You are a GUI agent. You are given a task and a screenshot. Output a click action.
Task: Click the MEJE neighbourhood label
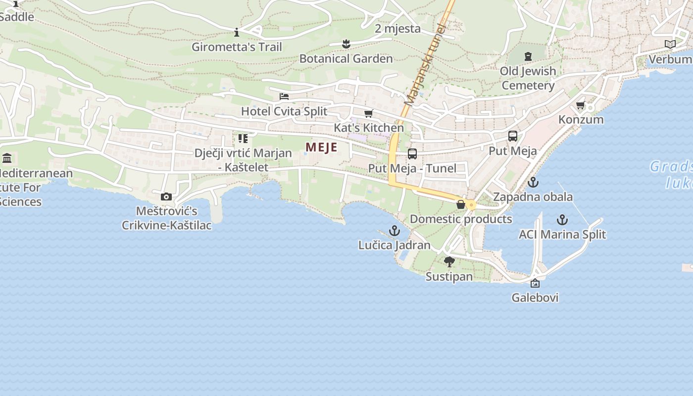tap(321, 147)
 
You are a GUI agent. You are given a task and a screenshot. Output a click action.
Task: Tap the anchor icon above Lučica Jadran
tap(395, 231)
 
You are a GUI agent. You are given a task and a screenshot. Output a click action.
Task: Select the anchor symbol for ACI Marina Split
tap(562, 220)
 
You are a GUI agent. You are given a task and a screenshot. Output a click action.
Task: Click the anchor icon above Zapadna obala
tap(533, 182)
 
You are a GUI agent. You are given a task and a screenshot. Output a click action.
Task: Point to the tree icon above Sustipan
tap(449, 262)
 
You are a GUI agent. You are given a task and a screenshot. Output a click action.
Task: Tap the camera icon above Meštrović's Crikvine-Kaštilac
tap(166, 197)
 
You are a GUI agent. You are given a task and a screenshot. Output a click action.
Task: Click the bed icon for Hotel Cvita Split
tap(284, 97)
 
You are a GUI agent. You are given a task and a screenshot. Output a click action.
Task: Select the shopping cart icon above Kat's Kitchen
tap(368, 114)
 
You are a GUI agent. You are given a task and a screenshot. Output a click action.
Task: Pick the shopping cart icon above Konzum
tap(581, 105)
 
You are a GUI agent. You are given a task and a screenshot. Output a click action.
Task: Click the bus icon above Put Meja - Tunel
tap(412, 154)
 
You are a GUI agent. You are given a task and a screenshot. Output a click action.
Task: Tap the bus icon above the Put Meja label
tap(513, 136)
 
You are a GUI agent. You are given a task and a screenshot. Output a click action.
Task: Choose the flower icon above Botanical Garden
tap(346, 44)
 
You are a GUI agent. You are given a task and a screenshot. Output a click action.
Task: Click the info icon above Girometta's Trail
tap(237, 33)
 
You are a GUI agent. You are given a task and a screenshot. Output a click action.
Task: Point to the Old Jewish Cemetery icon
tap(528, 56)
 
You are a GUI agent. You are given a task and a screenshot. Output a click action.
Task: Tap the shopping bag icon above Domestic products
tap(461, 204)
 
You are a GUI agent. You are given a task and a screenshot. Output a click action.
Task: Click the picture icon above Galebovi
tap(535, 283)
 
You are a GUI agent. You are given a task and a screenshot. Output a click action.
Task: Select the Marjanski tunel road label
tap(425, 64)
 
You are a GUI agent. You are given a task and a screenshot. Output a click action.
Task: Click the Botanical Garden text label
tap(346, 58)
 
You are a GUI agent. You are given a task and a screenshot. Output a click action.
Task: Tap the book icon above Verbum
tap(670, 45)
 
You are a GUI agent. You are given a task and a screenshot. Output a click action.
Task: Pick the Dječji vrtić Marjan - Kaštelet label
tap(243, 160)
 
